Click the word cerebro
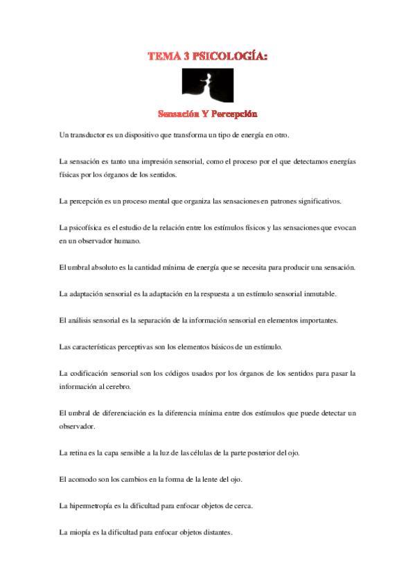(x=130, y=387)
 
